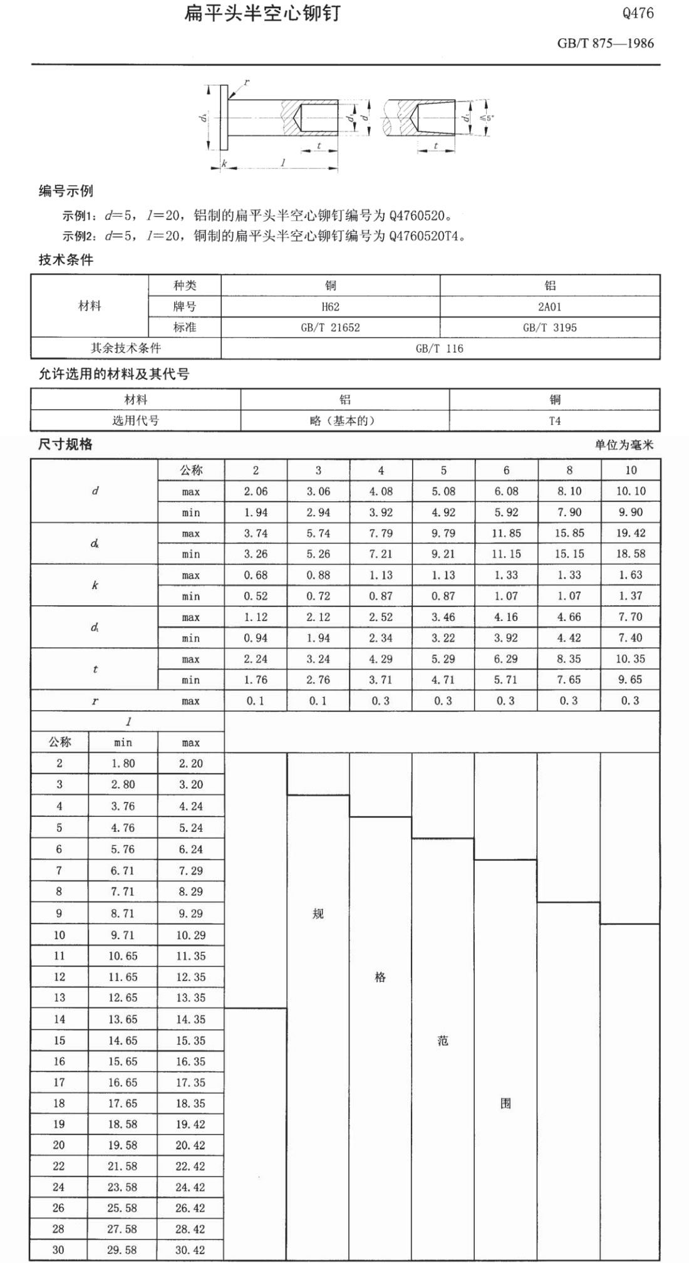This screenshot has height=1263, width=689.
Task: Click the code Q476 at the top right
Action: click(638, 13)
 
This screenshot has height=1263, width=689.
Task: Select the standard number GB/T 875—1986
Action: click(605, 43)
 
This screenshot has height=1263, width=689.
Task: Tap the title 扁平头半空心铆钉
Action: click(262, 13)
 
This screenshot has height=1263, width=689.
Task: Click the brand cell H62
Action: click(330, 306)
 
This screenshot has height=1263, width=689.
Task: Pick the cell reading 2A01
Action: click(549, 306)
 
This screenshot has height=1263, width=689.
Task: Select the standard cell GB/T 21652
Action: click(330, 327)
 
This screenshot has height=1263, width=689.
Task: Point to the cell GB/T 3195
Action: click(549, 327)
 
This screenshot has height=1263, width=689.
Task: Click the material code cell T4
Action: click(554, 420)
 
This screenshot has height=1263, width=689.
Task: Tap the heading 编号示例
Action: click(66, 191)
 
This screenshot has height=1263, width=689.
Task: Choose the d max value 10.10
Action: click(630, 491)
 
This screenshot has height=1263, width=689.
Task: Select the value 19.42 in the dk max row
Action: click(630, 533)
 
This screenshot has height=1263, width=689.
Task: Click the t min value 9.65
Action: click(630, 680)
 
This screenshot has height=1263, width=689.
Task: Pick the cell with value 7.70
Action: click(630, 617)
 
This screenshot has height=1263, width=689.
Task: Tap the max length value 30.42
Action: click(190, 1250)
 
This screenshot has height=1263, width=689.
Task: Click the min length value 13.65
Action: click(123, 1019)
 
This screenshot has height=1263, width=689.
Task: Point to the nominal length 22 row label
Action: click(59, 1166)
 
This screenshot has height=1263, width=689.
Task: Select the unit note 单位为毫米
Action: click(624, 445)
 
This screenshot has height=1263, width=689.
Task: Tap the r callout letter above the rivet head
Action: click(247, 82)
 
